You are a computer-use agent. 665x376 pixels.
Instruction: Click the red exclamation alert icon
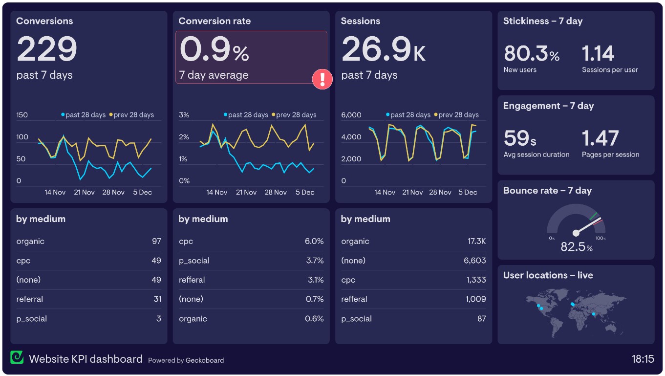322,79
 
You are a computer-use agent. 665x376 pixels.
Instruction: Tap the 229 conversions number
47,49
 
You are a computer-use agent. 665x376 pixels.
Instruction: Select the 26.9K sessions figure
383,49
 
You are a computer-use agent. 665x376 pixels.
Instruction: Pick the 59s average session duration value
520,138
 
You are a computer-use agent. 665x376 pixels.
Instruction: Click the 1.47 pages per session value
600,138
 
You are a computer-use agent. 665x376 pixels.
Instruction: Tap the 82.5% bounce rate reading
576,247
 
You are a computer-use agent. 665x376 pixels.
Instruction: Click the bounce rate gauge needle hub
576,233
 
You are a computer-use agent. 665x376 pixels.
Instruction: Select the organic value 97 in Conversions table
156,242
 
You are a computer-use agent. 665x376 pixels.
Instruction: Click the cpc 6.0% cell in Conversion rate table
314,242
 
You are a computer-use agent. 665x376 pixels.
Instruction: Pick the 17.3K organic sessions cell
476,242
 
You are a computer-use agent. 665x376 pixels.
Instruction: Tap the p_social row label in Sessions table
356,319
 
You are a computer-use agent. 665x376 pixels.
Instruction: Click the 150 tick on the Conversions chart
22,115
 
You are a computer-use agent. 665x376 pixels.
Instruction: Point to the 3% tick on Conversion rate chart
184,115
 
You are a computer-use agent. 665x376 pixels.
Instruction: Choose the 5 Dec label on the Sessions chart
468,193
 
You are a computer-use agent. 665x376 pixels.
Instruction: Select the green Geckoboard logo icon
17,357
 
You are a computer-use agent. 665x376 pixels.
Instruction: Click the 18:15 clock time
643,359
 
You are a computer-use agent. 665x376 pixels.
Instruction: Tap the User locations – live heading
548,275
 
